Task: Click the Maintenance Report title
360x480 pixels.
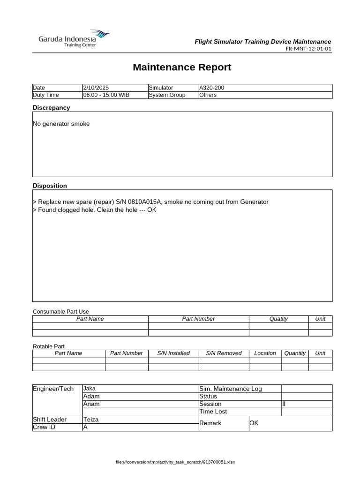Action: [x=182, y=67]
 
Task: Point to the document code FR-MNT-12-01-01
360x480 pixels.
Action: [x=308, y=49]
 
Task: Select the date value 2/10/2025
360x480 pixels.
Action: [x=96, y=88]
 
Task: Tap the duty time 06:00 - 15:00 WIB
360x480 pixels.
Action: [x=106, y=95]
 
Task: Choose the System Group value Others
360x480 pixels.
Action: [x=208, y=95]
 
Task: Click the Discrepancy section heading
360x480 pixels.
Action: [x=51, y=107]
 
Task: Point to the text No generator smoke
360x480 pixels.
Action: [x=61, y=124]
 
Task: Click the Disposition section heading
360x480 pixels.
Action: [x=50, y=186]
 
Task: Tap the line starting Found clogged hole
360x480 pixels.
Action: [x=94, y=210]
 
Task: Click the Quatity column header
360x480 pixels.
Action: [x=278, y=319]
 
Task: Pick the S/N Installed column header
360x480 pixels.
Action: [x=173, y=353]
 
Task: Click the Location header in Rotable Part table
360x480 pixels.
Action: [x=265, y=353]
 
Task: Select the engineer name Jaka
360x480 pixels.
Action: [x=89, y=389]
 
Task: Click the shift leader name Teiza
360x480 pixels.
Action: [x=91, y=420]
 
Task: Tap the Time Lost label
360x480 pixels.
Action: [x=213, y=411]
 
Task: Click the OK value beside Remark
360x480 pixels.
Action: [x=254, y=423]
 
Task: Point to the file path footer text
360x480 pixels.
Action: [x=175, y=462]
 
